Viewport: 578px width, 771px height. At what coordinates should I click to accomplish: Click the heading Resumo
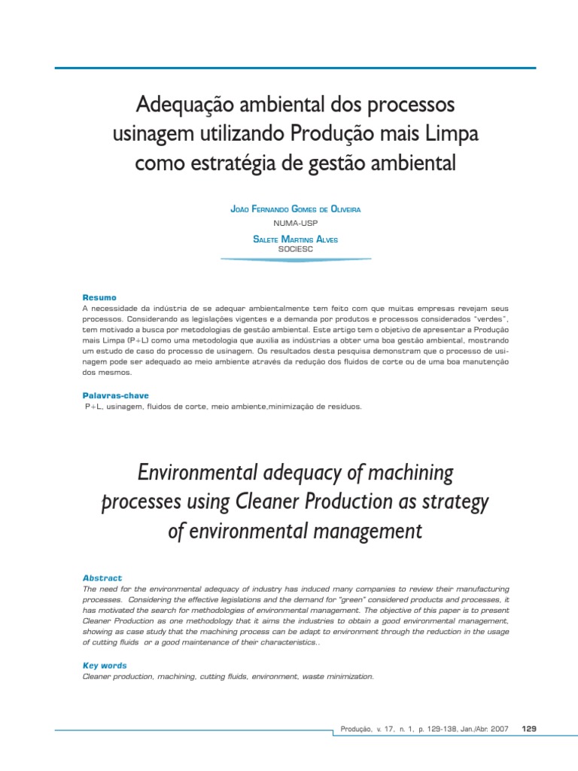tap(99, 298)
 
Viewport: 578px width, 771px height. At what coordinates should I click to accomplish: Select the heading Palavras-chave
tap(115, 395)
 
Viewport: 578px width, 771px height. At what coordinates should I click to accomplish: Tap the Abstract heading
tap(102, 578)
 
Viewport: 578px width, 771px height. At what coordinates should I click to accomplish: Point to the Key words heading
tap(104, 666)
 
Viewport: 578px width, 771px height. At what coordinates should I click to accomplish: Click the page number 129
tap(528, 729)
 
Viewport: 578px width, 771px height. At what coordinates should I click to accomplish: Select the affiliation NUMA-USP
tap(295, 223)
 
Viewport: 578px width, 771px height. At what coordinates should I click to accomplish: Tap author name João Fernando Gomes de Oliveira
tap(295, 209)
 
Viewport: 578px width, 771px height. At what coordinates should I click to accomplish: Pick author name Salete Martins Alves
tap(295, 239)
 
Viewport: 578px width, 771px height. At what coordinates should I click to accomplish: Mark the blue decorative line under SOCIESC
tap(295, 260)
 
